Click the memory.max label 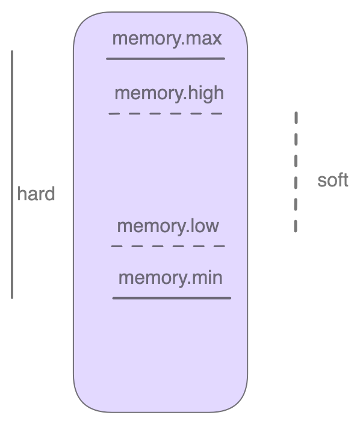click(167, 39)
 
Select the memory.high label click(169, 93)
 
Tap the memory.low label click(168, 226)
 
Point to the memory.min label click(170, 278)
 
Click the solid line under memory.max click(166, 59)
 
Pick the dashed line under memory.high click(166, 113)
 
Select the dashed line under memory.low click(168, 246)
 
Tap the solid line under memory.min click(172, 298)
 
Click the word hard click(36, 194)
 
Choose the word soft click(333, 180)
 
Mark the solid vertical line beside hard click(12, 174)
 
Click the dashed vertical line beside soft click(296, 171)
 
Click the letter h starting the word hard click(21, 194)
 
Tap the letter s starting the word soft click(321, 180)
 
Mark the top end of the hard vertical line click(12, 52)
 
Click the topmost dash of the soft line click(296, 117)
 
